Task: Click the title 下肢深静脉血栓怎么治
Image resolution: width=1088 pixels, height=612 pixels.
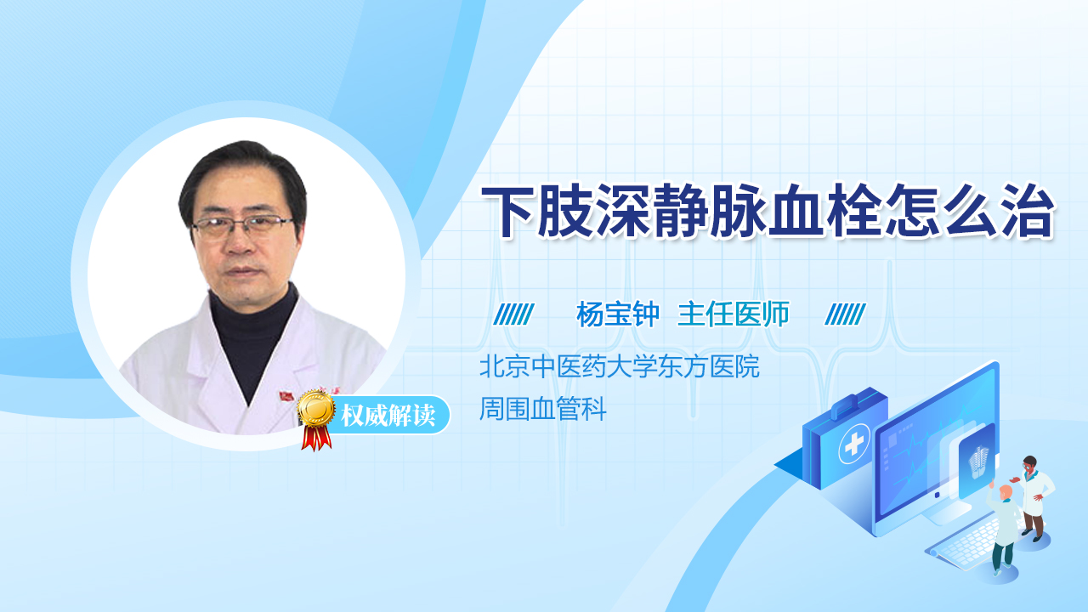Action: (x=768, y=212)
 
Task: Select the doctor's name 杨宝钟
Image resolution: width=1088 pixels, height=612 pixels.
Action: (x=618, y=314)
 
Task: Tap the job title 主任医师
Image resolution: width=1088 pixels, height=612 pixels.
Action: (x=734, y=314)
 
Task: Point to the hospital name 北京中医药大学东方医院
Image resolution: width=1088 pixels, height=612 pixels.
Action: (x=619, y=367)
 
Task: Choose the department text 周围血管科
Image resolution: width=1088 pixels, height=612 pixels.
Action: (x=543, y=411)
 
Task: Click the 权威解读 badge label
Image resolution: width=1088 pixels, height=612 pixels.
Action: (x=388, y=416)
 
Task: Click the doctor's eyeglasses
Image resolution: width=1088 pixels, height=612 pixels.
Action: (x=243, y=226)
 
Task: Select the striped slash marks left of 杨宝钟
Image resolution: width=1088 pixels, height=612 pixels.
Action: (x=513, y=314)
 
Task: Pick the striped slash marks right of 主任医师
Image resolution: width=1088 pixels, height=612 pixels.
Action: (x=845, y=314)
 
